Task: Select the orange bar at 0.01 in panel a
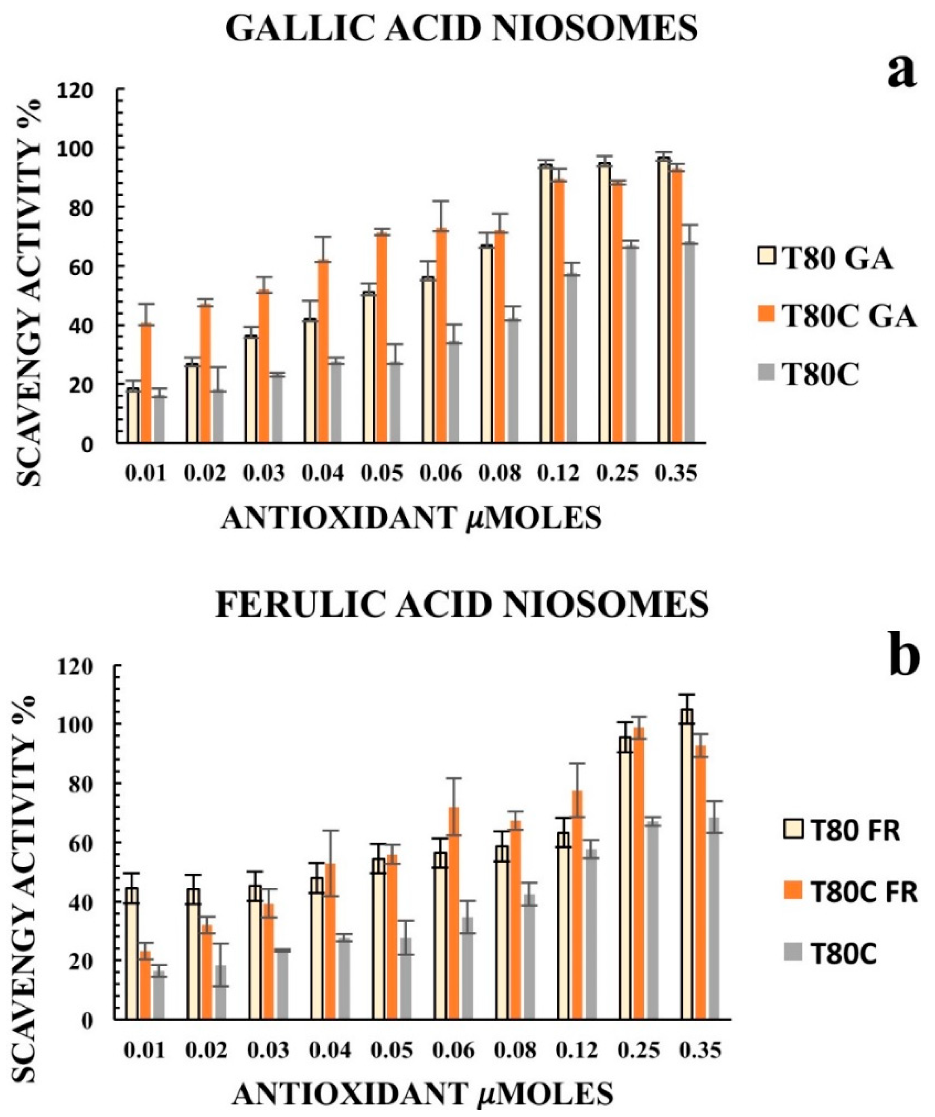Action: (146, 383)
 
